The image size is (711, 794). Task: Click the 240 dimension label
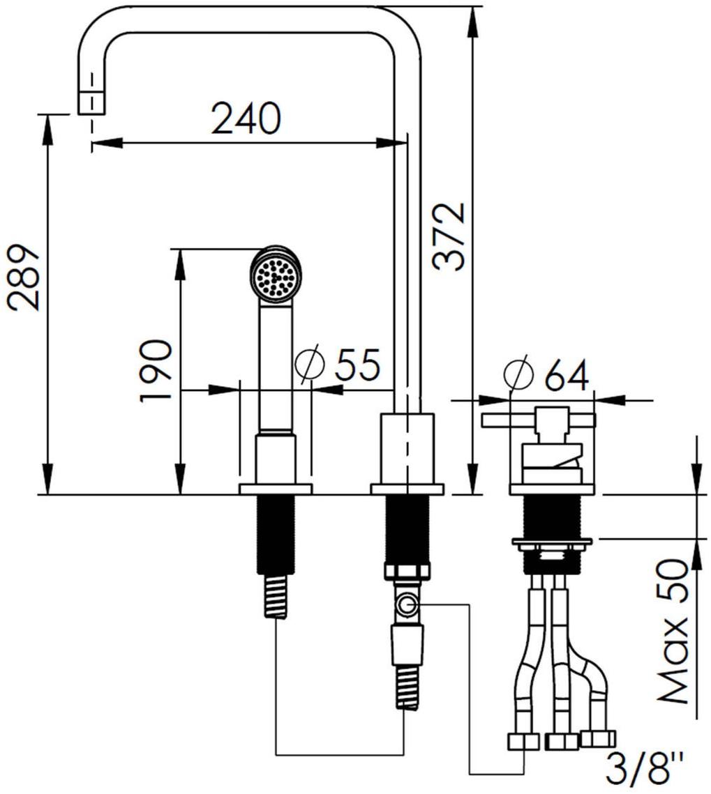click(246, 119)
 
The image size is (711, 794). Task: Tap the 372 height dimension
click(449, 236)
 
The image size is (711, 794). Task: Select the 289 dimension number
click(23, 278)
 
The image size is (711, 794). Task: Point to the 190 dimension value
click(156, 371)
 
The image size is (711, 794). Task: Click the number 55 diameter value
click(357, 364)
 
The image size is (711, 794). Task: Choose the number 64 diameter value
click(567, 375)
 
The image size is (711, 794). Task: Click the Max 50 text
click(673, 631)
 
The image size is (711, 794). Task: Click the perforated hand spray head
click(276, 276)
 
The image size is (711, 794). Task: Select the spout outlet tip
click(91, 103)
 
